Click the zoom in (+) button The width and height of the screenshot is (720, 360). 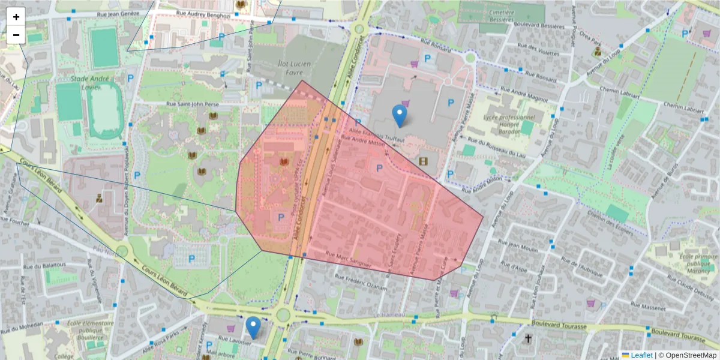point(16,17)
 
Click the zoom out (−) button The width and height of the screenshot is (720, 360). point(16,35)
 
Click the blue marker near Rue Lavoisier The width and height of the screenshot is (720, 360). point(253,328)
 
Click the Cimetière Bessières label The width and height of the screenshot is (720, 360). point(501,16)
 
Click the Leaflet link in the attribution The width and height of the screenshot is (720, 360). point(641,355)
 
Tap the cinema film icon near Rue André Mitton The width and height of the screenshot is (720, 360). point(424,161)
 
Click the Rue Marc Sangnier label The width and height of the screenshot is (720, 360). point(350,261)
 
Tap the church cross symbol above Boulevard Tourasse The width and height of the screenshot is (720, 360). point(528,338)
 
